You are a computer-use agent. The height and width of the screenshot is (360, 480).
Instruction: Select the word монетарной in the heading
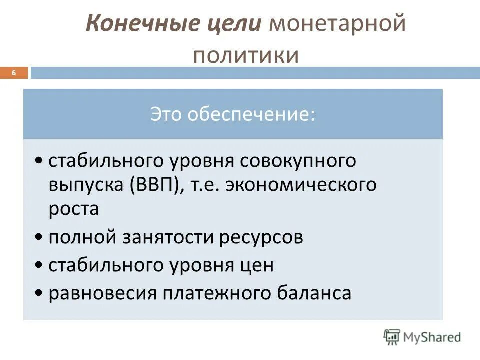click(x=337, y=24)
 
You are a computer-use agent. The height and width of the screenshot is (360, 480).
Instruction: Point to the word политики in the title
click(x=246, y=55)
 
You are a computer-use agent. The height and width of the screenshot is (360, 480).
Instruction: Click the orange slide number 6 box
click(x=14, y=73)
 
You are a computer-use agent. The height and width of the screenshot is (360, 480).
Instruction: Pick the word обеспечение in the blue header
click(x=252, y=114)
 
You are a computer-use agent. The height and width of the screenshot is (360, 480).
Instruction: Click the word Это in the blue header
click(x=167, y=114)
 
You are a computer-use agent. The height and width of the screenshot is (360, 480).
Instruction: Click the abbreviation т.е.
click(x=205, y=185)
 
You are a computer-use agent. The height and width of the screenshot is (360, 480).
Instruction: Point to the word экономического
click(x=301, y=185)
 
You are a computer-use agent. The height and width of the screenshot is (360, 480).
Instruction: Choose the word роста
click(x=73, y=209)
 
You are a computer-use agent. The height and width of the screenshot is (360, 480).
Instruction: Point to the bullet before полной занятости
click(x=39, y=238)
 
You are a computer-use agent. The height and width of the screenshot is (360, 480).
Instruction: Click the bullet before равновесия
click(x=39, y=293)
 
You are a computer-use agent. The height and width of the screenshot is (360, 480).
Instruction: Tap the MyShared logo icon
click(x=392, y=337)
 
